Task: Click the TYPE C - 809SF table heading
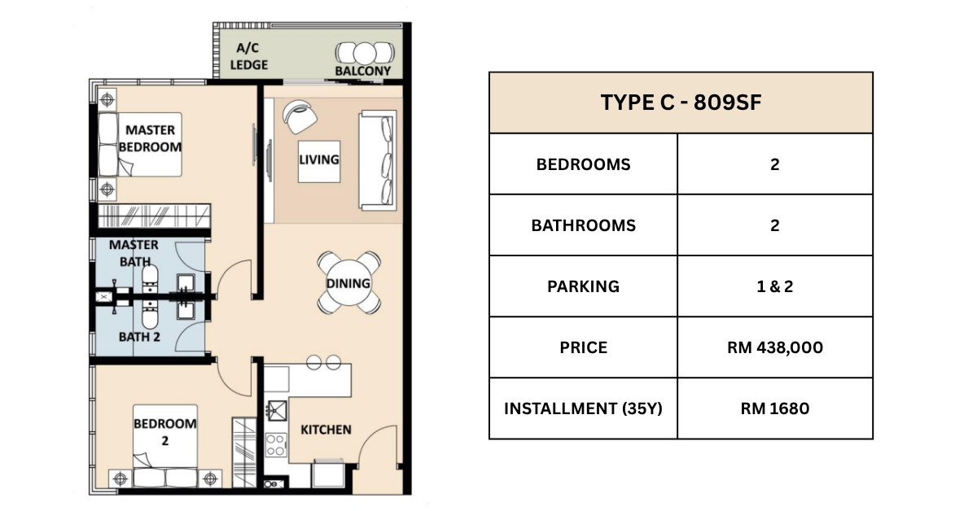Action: coord(681,103)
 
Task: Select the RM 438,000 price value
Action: coord(774,347)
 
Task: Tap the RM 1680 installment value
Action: coord(774,408)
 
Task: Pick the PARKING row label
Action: coord(583,286)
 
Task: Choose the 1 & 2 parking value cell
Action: coord(774,286)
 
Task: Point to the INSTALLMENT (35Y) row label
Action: coord(583,408)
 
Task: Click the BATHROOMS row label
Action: coord(583,225)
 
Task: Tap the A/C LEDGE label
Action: coord(248,56)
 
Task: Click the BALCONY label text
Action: coord(363,71)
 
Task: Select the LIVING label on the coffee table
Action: coord(319,160)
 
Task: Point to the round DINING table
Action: coord(348,283)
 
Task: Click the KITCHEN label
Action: coord(326,430)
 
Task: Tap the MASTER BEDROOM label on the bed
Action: coord(150,138)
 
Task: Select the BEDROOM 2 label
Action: coord(164,432)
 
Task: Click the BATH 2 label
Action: coord(139,337)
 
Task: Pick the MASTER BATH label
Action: coord(134,253)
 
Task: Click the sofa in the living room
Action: coord(378,160)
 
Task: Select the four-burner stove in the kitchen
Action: coord(276,445)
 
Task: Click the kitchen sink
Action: coord(277,410)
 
